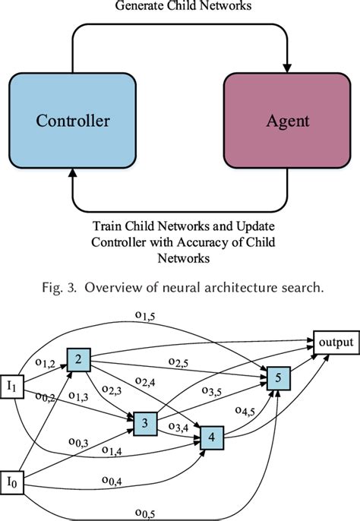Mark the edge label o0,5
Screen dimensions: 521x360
pyautogui.click(x=145, y=513)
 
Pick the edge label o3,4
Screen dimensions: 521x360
pyautogui.click(x=178, y=426)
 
